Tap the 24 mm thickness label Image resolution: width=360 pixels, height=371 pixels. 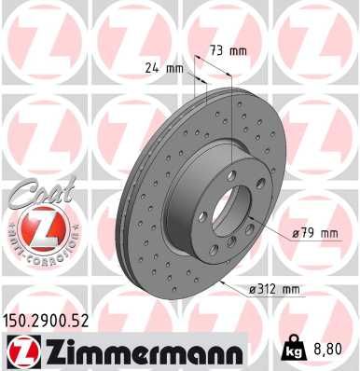(164, 67)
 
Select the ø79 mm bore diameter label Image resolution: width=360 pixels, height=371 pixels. (314, 232)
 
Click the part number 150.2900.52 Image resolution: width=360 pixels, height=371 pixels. (58, 319)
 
